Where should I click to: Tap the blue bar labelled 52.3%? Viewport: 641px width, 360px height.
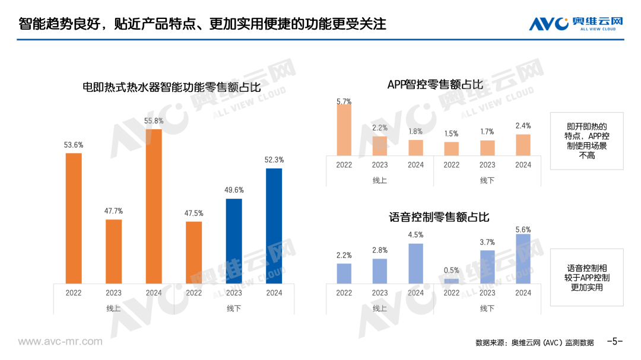(274, 225)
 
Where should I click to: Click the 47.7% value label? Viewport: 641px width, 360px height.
(113, 211)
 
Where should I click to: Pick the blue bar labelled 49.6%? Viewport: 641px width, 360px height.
(234, 241)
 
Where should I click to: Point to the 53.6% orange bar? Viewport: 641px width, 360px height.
(74, 218)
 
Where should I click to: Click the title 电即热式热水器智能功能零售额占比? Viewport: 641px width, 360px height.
(172, 87)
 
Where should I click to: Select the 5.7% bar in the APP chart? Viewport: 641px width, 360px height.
(344, 130)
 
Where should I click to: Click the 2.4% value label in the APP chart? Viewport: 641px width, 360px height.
(523, 126)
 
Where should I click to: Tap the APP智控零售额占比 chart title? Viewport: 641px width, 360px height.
(435, 85)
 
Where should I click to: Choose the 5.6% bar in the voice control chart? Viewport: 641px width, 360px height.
(523, 258)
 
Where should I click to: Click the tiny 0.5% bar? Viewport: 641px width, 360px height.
(452, 281)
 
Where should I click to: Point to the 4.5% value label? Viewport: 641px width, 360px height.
(415, 235)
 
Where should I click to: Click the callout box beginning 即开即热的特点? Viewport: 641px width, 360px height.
(586, 141)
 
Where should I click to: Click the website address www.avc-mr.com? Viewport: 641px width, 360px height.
(60, 342)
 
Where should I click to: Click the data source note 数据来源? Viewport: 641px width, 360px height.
(534, 342)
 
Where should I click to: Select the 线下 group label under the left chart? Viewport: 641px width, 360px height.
(234, 308)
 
